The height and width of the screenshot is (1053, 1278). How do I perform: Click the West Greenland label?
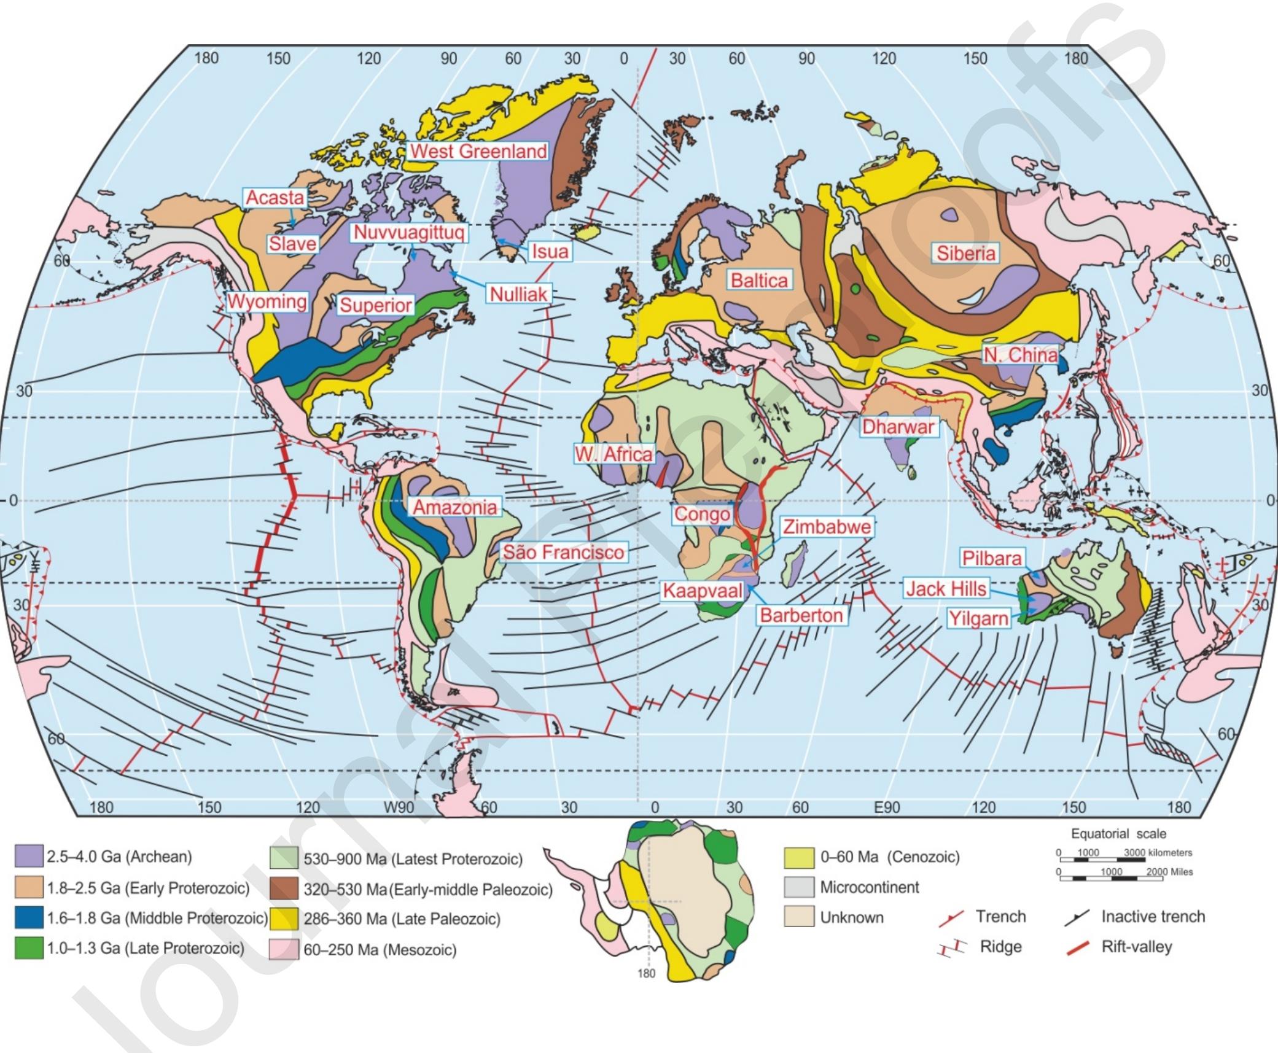[478, 151]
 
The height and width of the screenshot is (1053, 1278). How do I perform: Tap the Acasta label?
[275, 198]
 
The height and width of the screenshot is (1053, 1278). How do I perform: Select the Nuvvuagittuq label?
[409, 233]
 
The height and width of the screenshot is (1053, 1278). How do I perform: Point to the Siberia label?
[965, 253]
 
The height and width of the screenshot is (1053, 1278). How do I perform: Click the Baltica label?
[758, 281]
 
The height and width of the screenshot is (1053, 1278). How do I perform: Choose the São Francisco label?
[563, 553]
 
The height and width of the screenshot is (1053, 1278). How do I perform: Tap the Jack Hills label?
[946, 589]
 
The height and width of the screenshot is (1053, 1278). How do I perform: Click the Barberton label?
[801, 615]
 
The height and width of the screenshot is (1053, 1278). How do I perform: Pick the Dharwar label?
[898, 427]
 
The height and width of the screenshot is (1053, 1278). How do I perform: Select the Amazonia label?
[454, 507]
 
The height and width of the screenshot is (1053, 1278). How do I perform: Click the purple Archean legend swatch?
[28, 857]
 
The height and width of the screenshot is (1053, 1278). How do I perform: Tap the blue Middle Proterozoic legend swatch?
[28, 918]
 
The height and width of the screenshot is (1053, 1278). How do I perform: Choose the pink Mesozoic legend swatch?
[284, 949]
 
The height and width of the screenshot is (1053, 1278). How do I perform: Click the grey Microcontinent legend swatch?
[798, 887]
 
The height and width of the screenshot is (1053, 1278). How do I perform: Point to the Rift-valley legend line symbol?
[1078, 947]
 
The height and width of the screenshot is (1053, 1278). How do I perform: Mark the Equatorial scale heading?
[1118, 834]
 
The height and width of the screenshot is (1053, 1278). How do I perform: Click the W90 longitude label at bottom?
[399, 807]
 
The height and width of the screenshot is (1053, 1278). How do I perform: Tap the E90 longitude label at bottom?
[886, 807]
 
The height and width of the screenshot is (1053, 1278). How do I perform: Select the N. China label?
[1021, 355]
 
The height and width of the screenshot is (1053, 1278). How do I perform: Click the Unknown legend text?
[851, 917]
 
